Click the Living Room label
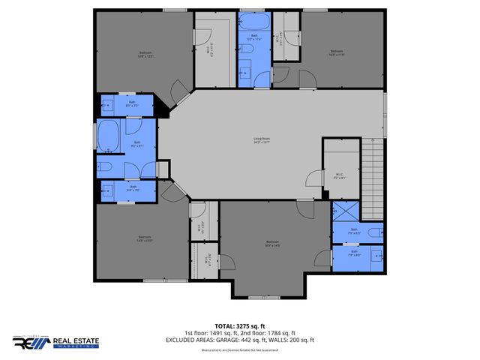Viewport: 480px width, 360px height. point(262,140)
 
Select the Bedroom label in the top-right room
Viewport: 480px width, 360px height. point(335,52)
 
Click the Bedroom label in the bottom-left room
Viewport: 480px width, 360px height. point(142,239)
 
